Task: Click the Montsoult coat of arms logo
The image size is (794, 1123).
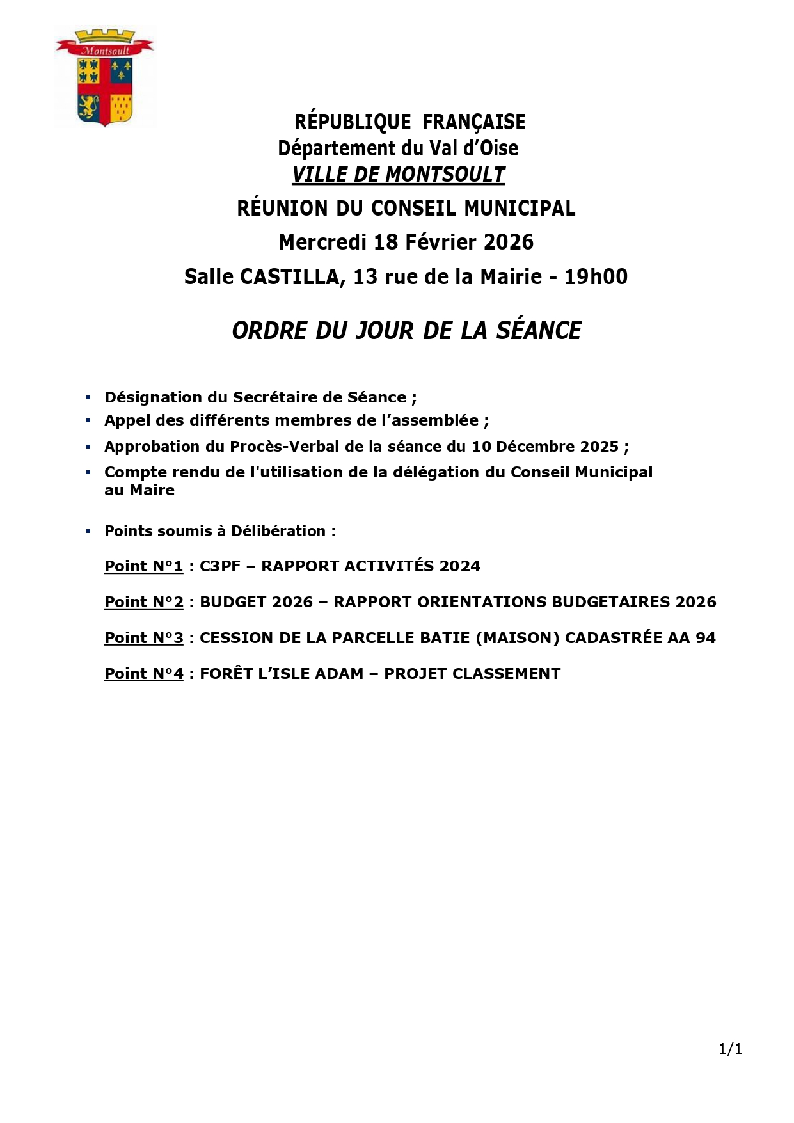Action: click(105, 78)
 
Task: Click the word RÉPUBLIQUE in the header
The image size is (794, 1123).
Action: click(353, 122)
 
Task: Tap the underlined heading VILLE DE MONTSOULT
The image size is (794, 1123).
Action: click(398, 175)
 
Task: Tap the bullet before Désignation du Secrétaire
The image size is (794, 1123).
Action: click(88, 398)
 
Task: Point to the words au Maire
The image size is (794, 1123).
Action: click(139, 490)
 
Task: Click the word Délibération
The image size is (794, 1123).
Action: click(278, 531)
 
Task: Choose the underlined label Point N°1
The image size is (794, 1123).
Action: click(143, 566)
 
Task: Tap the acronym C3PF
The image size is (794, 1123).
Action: click(220, 566)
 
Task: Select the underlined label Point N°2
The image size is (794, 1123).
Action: click(143, 602)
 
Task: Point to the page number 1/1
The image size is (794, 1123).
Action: click(730, 1049)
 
